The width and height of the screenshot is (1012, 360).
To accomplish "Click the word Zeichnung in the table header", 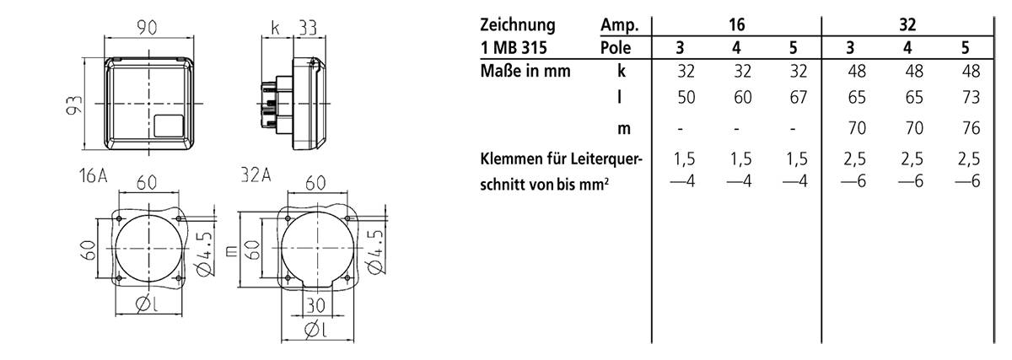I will (x=518, y=25).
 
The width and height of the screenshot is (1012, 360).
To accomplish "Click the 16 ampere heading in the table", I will (x=736, y=25).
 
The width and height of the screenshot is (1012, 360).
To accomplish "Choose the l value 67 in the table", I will (x=799, y=99).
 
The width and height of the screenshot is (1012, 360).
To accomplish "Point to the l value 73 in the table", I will (x=971, y=99).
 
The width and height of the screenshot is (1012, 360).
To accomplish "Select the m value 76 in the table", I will (x=971, y=129).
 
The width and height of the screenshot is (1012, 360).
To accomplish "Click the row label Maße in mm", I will (x=525, y=71).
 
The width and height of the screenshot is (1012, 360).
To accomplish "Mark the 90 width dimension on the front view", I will (x=149, y=28).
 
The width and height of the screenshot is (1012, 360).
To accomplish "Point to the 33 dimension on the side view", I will (x=306, y=28).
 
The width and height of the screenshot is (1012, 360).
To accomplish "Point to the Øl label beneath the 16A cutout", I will (x=149, y=304).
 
